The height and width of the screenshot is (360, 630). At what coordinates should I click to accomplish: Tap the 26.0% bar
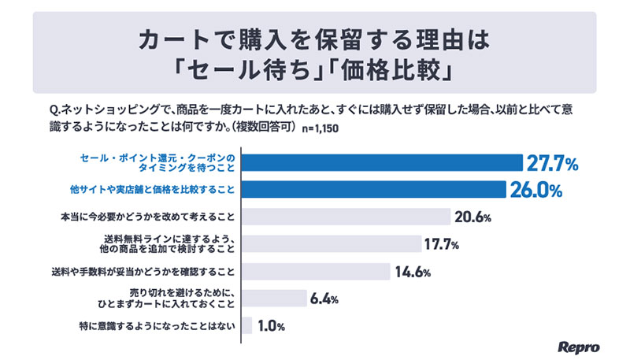[x=372, y=190]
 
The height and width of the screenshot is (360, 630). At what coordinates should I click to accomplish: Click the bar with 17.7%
[x=330, y=244]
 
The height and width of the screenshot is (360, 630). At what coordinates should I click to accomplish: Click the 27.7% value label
[x=554, y=164]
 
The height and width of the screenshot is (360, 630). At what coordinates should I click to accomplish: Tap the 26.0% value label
[x=535, y=191]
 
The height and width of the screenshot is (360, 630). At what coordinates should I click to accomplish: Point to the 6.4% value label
[x=324, y=299]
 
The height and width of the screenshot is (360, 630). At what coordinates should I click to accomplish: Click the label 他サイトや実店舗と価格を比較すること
[x=150, y=190]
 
